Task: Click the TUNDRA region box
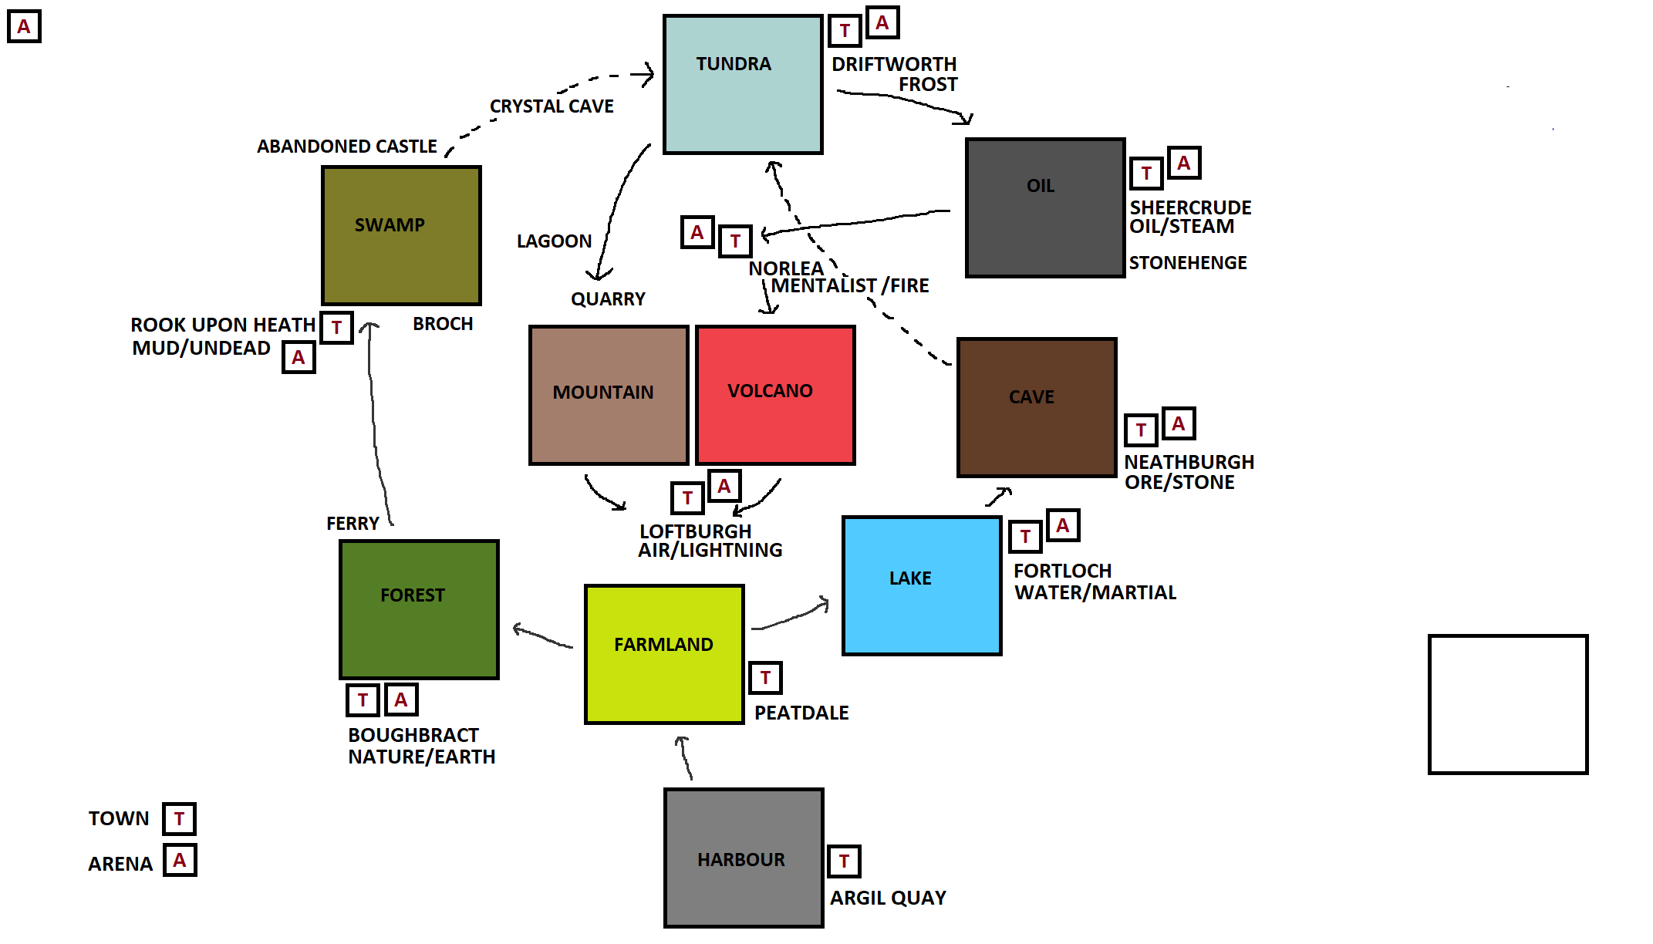tap(743, 84)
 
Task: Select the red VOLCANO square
tap(775, 395)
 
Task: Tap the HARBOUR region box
tap(744, 858)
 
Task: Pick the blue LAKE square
tap(922, 585)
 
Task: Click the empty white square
tap(1507, 704)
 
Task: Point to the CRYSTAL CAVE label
tap(552, 106)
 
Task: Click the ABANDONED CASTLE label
tap(347, 147)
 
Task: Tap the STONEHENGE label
tap(1188, 263)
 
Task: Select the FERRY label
tap(353, 524)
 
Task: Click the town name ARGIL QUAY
tap(888, 898)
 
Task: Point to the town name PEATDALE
tap(801, 713)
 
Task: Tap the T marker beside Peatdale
tap(765, 678)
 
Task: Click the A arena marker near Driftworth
tap(882, 23)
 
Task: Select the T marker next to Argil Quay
tap(844, 861)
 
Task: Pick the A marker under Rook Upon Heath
tap(299, 358)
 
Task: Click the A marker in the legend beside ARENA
tap(180, 860)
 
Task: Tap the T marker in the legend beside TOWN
tap(179, 818)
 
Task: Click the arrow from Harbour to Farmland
tap(685, 758)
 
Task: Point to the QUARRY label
tap(608, 299)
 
